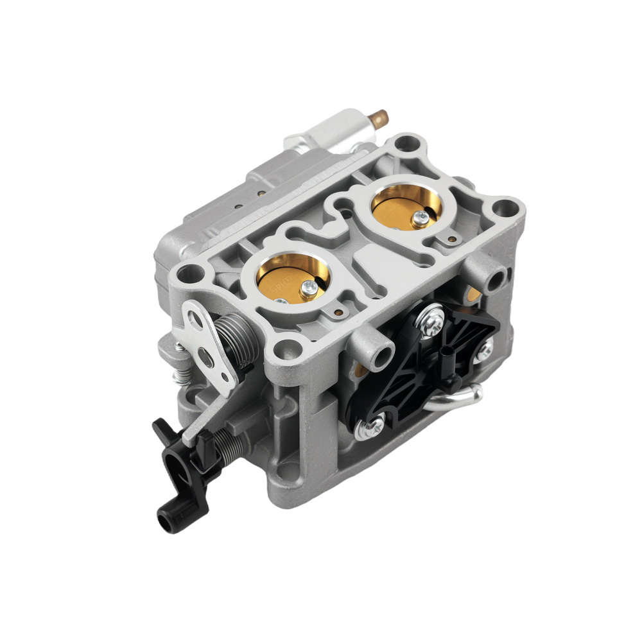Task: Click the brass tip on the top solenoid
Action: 380,117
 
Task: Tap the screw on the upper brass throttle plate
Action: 421,218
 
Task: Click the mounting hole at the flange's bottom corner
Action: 281,351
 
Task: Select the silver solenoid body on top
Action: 331,128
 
